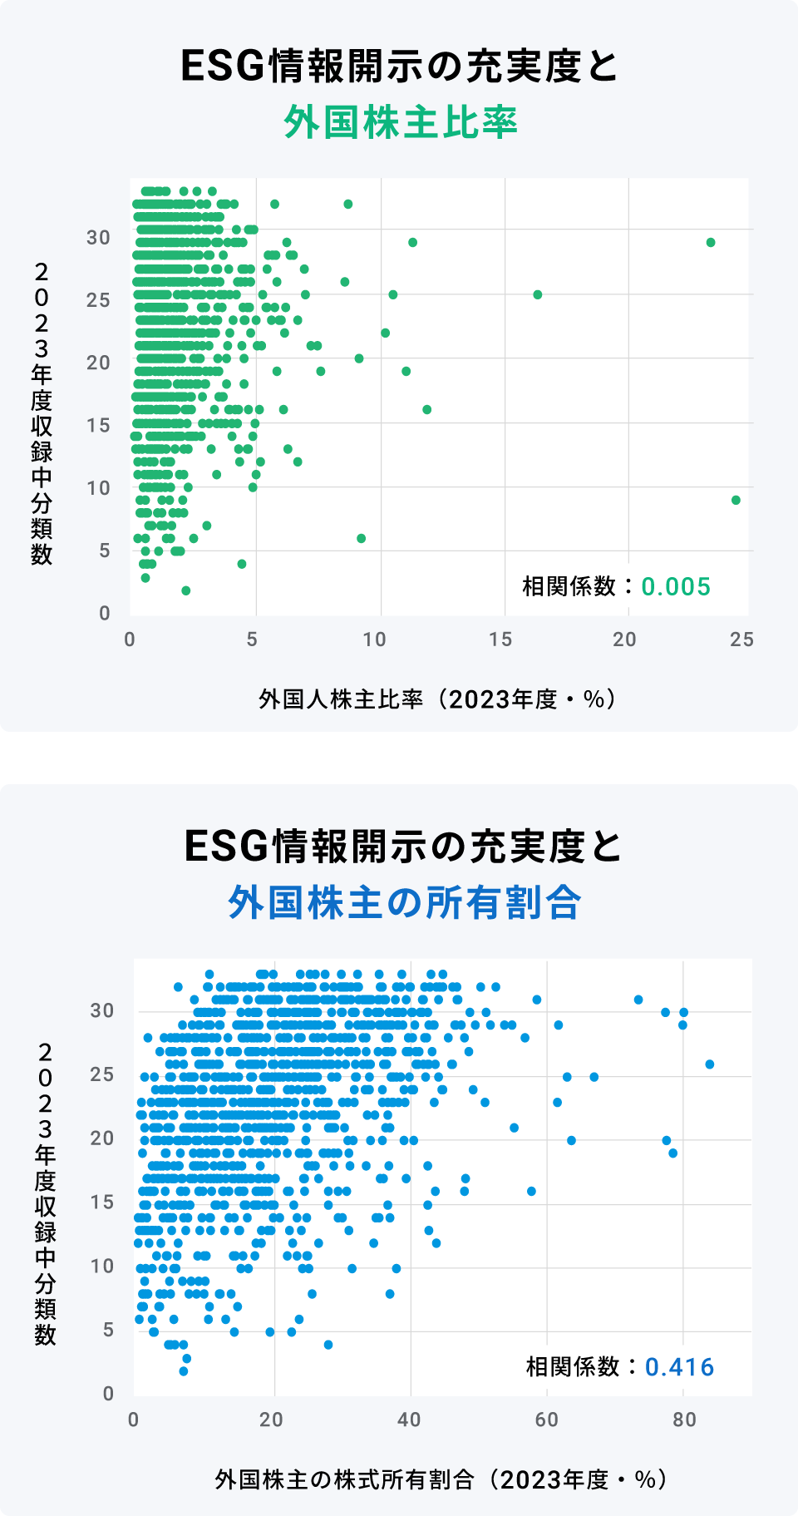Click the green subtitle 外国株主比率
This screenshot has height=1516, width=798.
[401, 122]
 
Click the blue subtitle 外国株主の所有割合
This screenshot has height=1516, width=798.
[405, 902]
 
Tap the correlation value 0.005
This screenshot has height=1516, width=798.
[676, 586]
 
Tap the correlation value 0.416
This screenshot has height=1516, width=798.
[679, 1367]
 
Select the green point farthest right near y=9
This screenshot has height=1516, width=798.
[736, 500]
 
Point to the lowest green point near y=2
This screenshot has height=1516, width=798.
[185, 590]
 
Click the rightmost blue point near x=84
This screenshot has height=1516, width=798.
[710, 1064]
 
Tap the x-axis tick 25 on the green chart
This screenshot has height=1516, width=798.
[741, 639]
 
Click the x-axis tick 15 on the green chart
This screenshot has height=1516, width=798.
[500, 639]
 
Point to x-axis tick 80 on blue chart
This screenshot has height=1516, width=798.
[684, 1420]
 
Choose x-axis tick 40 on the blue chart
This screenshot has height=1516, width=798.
[409, 1420]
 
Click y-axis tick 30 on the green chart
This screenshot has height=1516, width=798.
[98, 238]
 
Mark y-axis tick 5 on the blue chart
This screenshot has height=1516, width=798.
[108, 1331]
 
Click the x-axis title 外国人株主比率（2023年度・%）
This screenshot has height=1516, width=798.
[438, 699]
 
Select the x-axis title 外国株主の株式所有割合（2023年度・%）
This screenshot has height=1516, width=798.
[441, 1479]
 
